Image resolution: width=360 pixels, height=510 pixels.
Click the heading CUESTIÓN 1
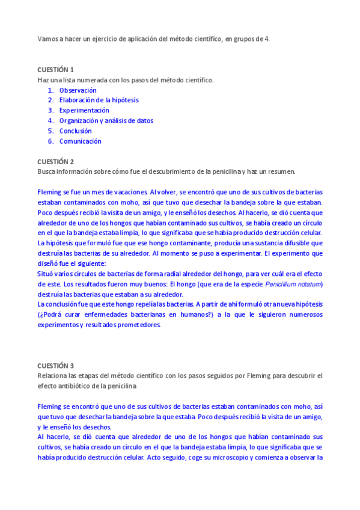[x=55, y=69]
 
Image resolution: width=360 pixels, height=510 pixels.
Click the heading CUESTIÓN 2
[x=55, y=161]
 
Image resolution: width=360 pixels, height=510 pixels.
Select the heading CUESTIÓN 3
[x=55, y=365]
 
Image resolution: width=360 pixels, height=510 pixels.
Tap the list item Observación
[x=78, y=90]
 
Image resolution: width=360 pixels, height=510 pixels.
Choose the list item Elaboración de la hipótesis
[x=99, y=100]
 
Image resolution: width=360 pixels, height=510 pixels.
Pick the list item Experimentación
[x=84, y=111]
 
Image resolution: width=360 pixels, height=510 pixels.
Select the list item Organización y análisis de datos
[x=106, y=121]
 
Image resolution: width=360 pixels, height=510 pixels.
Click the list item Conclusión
[x=75, y=131]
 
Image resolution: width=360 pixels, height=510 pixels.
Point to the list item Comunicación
[x=80, y=141]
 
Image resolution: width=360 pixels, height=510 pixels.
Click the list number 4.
[x=51, y=121]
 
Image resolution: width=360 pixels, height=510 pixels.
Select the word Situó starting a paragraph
[x=47, y=274]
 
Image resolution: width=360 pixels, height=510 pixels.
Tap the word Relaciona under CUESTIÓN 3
[x=52, y=375]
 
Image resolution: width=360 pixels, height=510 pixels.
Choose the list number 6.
[x=51, y=141]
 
